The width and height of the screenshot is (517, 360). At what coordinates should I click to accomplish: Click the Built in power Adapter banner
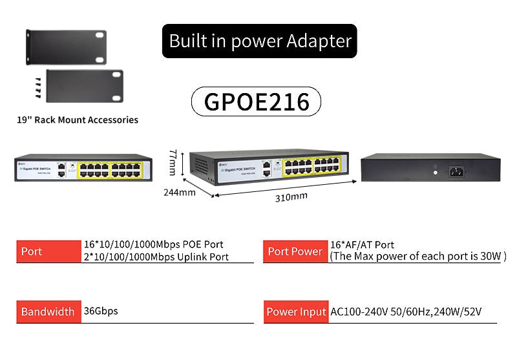coord(259,41)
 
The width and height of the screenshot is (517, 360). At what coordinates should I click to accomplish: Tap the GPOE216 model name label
coord(256,101)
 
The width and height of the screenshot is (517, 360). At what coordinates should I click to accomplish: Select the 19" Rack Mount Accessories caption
coord(78,120)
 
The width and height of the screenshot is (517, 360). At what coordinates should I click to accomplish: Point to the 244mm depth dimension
coord(178,192)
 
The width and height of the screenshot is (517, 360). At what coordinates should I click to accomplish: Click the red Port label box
coord(48,251)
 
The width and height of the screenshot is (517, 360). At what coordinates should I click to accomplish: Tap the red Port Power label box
coord(295,251)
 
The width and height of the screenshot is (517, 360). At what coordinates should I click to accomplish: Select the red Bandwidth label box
coord(48,312)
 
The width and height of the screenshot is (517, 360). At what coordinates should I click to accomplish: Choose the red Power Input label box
coord(295,312)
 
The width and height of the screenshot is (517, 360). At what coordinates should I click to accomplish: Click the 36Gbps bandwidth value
coord(101,311)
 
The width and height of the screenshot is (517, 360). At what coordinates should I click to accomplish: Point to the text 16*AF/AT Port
coord(362,245)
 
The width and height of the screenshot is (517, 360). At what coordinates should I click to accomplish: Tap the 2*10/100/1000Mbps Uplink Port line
coord(156,257)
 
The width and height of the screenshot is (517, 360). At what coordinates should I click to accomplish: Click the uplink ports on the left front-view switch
coord(61,170)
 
